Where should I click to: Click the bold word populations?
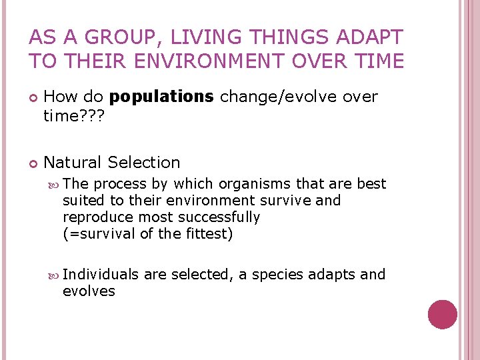[161, 97]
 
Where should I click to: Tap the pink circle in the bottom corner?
[443, 315]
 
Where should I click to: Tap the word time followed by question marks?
[74, 116]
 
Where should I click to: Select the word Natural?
[73, 163]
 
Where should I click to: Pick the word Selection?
[144, 163]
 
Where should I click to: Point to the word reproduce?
[97, 217]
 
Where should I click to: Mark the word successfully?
[221, 217]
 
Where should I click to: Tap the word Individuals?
[101, 275]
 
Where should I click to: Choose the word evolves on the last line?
[89, 291]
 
